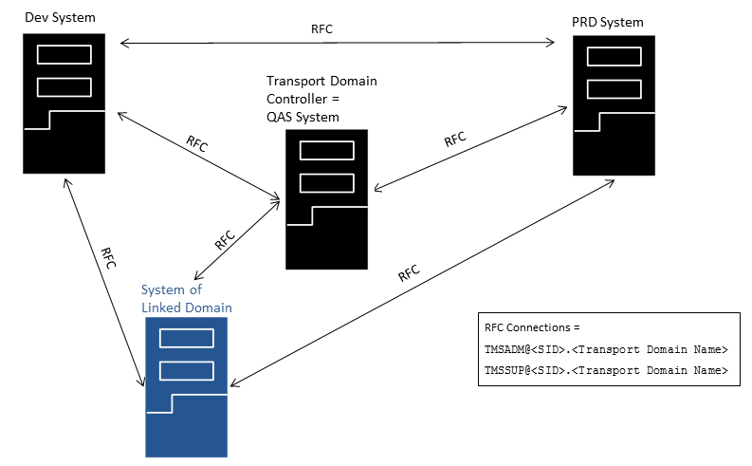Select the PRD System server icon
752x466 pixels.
coord(614,104)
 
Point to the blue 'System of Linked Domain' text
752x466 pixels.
coord(186,299)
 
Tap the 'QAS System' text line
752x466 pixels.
coord(303,117)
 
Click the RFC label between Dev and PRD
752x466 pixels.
coord(322,29)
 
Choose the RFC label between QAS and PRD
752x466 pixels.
coord(455,140)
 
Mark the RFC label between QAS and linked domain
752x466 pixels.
coord(225,238)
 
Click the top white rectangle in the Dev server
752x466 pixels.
coord(64,54)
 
